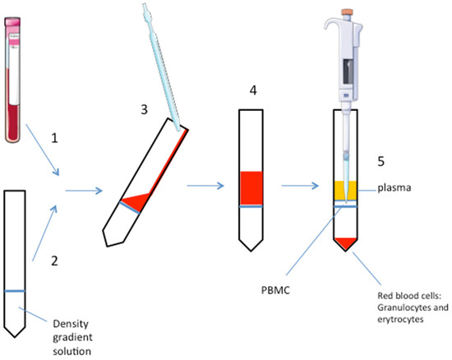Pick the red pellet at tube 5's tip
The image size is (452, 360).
344,242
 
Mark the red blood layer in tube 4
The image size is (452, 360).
250,187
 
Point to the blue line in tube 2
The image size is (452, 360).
16,291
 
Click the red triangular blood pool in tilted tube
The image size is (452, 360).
136,198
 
